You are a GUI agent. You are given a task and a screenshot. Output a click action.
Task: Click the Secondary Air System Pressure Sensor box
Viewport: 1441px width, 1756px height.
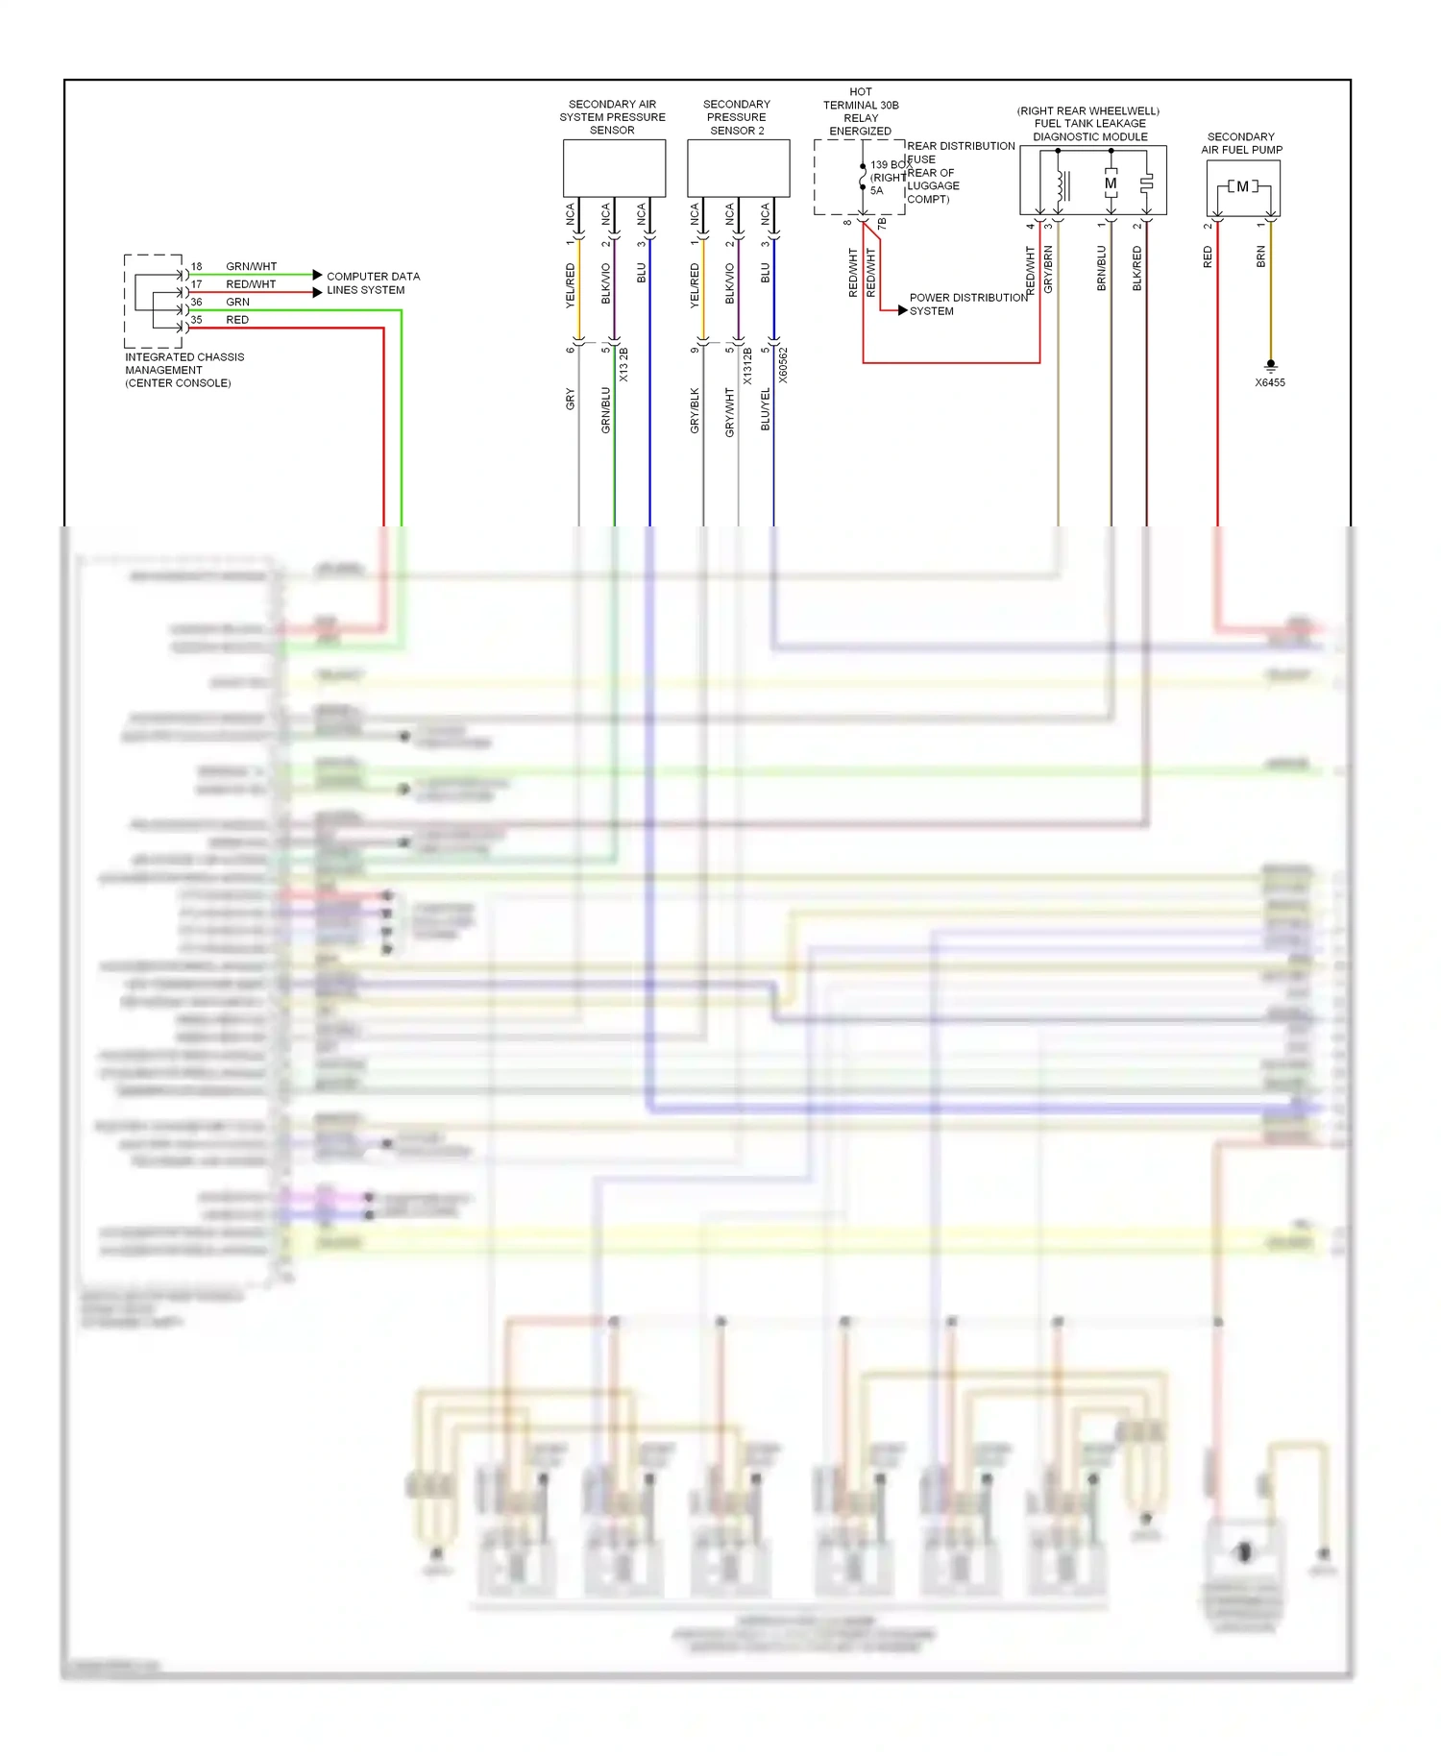614,168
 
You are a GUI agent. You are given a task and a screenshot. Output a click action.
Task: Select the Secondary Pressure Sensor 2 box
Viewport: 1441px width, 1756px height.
738,168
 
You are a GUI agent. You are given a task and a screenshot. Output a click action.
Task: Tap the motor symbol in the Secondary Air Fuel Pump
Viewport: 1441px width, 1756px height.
1242,186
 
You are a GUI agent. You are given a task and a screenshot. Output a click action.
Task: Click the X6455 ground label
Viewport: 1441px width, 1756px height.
1269,382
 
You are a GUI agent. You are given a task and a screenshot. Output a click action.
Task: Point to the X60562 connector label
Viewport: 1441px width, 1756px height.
783,366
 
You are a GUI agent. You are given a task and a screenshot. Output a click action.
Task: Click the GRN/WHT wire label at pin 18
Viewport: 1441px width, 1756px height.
251,266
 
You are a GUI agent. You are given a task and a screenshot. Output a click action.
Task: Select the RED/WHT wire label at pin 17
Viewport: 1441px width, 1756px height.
251,284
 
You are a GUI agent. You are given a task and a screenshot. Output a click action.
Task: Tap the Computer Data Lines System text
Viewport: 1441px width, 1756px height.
373,283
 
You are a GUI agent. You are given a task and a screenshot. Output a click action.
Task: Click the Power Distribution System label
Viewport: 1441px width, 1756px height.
967,305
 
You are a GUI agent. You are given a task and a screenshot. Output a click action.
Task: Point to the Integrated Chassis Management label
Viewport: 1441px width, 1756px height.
183,370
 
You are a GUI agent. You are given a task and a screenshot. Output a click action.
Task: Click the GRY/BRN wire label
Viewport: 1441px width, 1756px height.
1048,269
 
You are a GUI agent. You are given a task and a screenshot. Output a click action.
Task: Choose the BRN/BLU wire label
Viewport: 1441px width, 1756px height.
1102,268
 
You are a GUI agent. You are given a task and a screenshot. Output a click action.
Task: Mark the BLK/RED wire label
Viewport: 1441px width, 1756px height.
1137,268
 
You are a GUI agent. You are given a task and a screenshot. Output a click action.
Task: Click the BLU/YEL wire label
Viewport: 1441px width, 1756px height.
766,408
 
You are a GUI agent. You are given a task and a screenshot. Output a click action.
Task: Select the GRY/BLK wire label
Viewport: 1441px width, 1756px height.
695,410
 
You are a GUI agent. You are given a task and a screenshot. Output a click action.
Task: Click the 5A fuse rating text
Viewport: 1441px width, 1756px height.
876,190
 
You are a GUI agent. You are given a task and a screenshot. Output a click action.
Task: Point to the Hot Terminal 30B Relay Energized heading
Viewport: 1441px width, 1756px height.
861,111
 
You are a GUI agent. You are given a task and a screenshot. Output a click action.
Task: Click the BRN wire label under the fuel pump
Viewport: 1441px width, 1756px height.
1261,256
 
